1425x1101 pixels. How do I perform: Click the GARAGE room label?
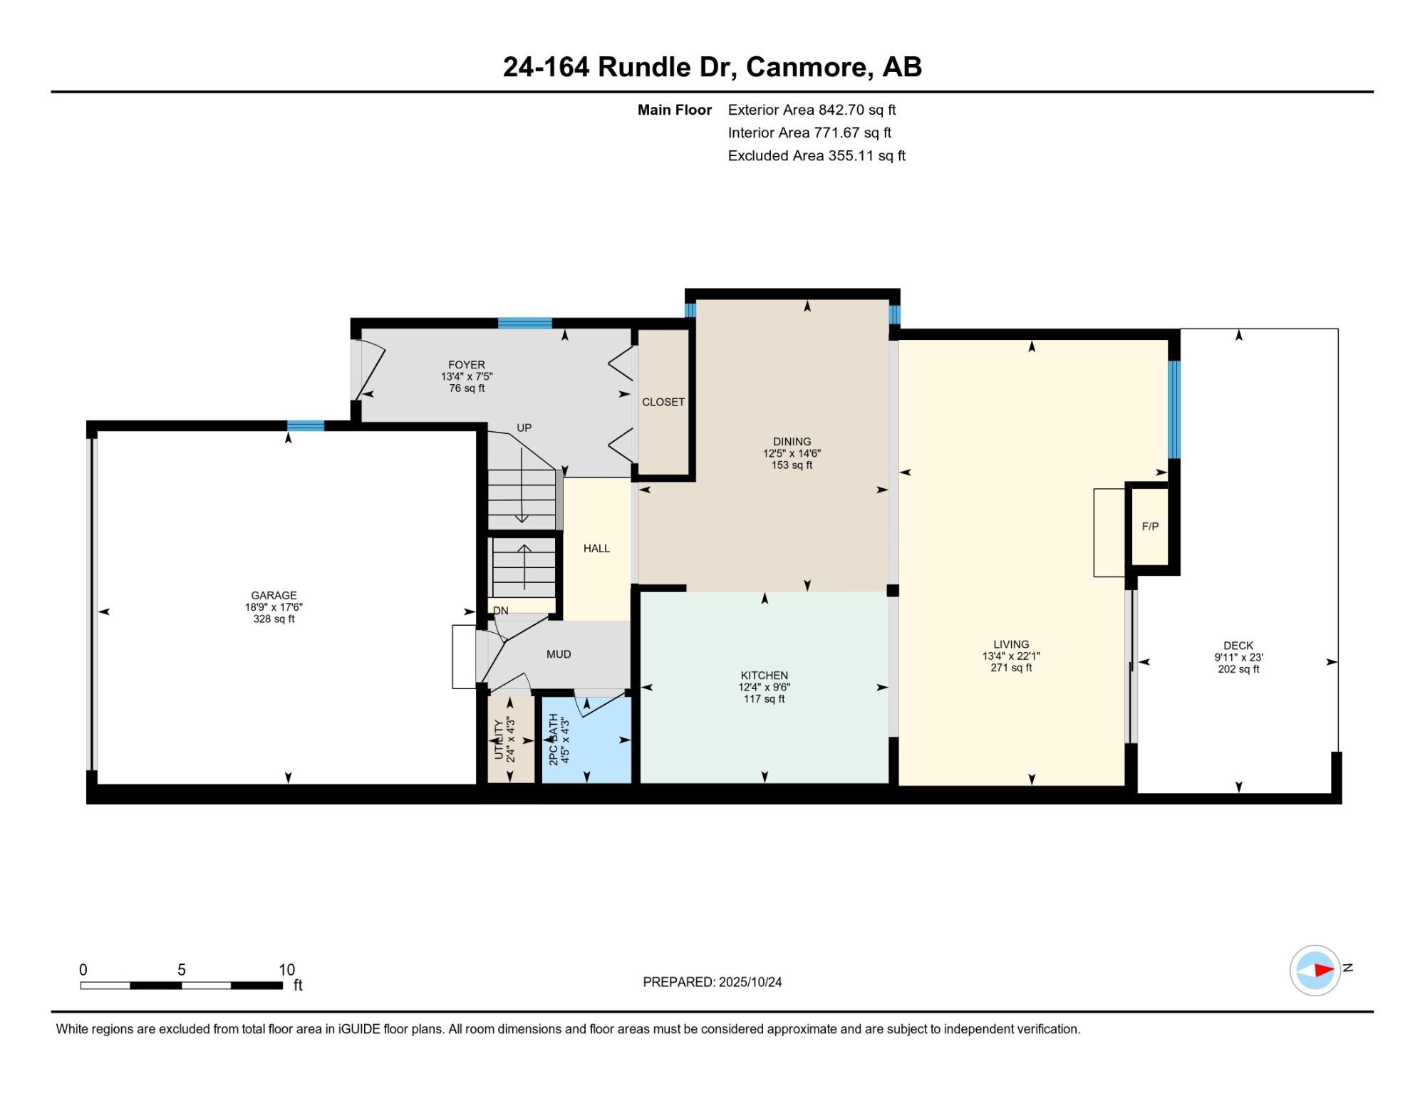(x=274, y=595)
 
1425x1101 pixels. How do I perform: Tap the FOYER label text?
(x=467, y=365)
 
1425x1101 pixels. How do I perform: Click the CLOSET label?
(x=663, y=402)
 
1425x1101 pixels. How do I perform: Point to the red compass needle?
(x=1324, y=970)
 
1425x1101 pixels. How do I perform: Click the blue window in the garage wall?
(x=306, y=425)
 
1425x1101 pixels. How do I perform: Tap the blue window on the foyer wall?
(x=525, y=323)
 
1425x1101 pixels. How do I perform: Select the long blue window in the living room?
(x=1174, y=410)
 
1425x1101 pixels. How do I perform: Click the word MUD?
(x=559, y=654)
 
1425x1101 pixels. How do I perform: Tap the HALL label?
(x=597, y=548)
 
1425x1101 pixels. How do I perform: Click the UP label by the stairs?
(x=524, y=428)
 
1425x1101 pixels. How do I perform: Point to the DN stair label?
(x=501, y=611)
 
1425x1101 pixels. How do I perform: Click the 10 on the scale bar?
(x=286, y=970)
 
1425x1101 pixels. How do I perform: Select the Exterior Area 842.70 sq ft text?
(x=812, y=110)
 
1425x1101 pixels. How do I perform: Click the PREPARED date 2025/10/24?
(x=750, y=982)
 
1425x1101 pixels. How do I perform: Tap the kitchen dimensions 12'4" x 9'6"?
(x=765, y=688)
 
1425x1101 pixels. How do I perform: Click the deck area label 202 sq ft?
(x=1239, y=669)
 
